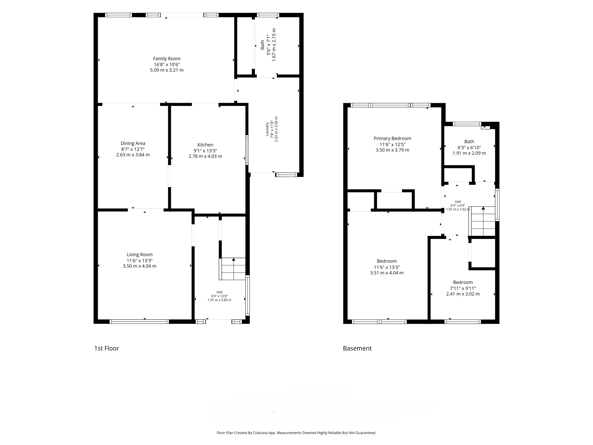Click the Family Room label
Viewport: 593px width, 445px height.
tap(167, 58)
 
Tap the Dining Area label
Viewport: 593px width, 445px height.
tap(133, 143)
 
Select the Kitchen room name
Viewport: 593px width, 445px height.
tap(205, 145)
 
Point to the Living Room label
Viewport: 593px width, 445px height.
tap(140, 254)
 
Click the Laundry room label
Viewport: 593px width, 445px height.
tap(267, 129)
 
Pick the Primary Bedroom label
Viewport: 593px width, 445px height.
tap(392, 138)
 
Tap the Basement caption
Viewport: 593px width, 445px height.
tap(357, 348)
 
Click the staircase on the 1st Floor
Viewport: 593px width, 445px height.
tap(232, 269)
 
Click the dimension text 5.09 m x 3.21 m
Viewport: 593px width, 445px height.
tap(167, 70)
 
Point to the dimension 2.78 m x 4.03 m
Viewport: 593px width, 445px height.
tap(205, 156)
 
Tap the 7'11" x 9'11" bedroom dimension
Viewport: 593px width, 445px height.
tap(463, 288)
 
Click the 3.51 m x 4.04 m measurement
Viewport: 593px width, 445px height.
tap(387, 273)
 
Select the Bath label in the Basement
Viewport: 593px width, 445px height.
tap(469, 141)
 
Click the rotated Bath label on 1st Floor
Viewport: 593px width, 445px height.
tap(262, 44)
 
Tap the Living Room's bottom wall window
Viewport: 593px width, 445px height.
tap(139, 321)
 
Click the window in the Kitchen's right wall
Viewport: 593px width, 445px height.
tap(247, 150)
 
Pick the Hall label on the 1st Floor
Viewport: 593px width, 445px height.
tap(219, 292)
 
